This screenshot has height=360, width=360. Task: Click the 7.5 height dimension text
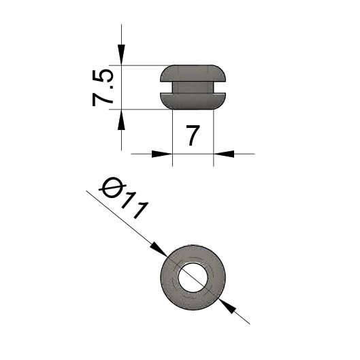(103, 88)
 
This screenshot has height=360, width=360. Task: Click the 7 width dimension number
(193, 135)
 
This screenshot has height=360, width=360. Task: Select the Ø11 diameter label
(124, 199)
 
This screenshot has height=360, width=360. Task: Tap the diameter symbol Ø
(112, 188)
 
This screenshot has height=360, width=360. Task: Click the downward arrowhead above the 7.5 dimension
(121, 54)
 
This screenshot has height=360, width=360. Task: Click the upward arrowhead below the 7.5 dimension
(121, 120)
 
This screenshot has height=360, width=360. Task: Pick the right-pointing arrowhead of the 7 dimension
(162, 154)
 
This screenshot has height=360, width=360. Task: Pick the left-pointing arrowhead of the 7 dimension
(224, 154)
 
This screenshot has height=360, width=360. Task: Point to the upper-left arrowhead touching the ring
(159, 249)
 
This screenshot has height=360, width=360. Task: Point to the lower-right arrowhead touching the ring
(227, 306)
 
